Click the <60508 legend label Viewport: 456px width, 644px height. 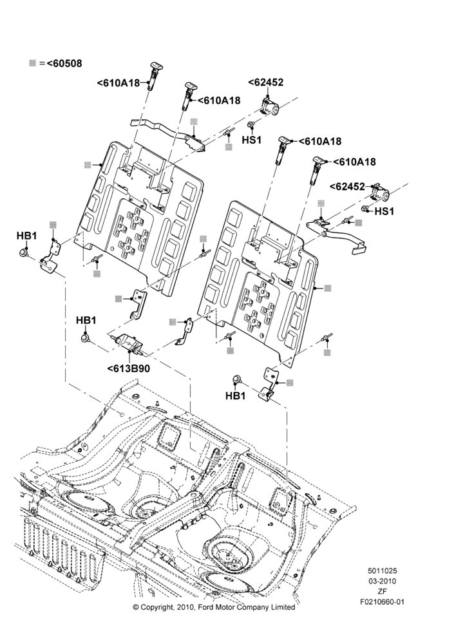click(x=64, y=63)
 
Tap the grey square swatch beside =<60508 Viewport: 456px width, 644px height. click(x=32, y=63)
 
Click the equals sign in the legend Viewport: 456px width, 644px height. click(x=42, y=64)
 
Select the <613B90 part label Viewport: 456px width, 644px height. click(x=129, y=368)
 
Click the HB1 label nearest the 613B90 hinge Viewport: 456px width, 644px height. click(x=86, y=320)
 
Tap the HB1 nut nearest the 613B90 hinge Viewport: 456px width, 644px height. click(x=86, y=339)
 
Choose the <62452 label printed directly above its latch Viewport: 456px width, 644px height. click(x=266, y=82)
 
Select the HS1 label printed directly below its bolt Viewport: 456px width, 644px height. click(x=251, y=140)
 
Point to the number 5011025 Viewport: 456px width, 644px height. click(x=382, y=571)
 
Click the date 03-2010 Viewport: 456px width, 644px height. click(x=382, y=581)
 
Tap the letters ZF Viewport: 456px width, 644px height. click(x=382, y=591)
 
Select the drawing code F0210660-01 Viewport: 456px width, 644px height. click(x=382, y=602)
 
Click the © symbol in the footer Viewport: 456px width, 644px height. click(x=135, y=607)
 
